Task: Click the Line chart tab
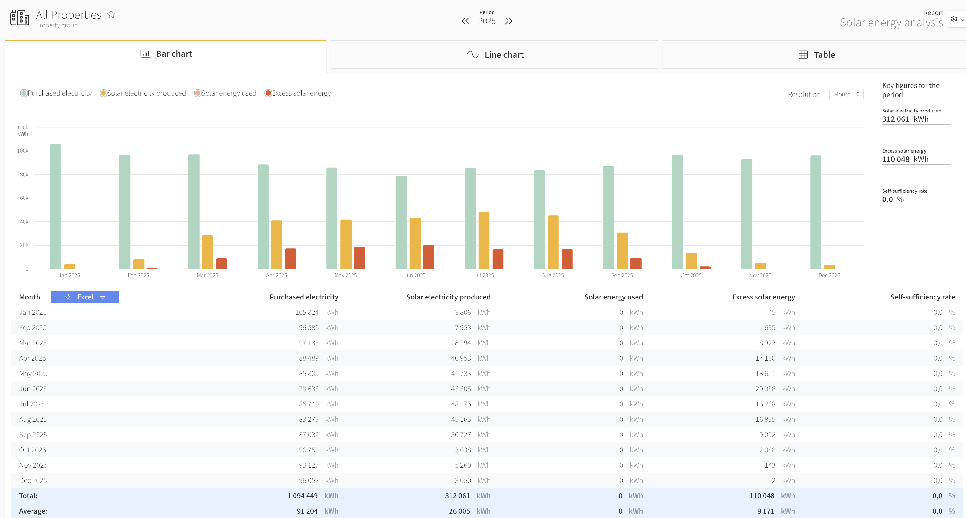(494, 55)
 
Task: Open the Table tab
(816, 55)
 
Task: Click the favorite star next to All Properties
(111, 14)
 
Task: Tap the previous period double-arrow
(465, 21)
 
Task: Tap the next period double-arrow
(508, 21)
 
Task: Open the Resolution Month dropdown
(846, 94)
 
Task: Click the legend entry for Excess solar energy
(298, 93)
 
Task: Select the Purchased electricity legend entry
(56, 93)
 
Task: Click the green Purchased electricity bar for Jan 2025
(55, 206)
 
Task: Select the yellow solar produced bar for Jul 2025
(484, 241)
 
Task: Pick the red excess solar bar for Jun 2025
(429, 257)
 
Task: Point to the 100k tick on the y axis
(23, 151)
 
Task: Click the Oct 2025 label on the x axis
(691, 275)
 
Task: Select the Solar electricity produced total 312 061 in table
(457, 495)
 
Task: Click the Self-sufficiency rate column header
(922, 297)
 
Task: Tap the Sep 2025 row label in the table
(33, 434)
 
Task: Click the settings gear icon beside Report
(954, 19)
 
